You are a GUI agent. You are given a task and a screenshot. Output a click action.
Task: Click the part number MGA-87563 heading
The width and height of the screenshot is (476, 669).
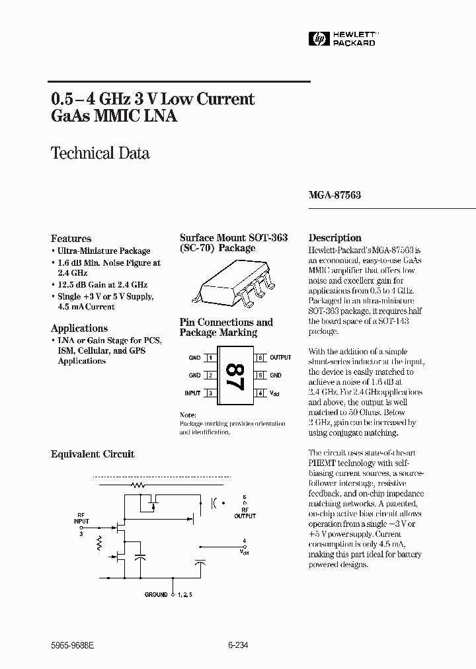click(x=335, y=196)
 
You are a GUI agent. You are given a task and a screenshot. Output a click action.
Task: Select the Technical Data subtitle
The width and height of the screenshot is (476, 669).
click(x=100, y=153)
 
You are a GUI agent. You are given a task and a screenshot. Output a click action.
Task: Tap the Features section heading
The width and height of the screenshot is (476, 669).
click(x=71, y=239)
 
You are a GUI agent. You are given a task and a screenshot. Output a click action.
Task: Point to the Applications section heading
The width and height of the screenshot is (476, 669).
click(x=79, y=329)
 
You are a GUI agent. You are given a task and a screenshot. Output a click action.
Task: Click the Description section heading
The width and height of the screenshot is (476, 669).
click(x=335, y=238)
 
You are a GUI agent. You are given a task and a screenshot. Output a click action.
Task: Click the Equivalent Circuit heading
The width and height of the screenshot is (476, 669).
click(x=93, y=454)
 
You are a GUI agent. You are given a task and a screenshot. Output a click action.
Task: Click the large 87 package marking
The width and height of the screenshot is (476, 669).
click(x=233, y=376)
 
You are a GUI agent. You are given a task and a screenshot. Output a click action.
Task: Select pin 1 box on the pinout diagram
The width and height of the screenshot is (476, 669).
click(x=210, y=358)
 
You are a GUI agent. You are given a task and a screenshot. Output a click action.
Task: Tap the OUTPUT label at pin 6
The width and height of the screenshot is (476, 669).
click(x=280, y=358)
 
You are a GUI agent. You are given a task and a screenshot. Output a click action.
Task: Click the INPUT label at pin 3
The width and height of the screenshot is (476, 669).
click(x=192, y=393)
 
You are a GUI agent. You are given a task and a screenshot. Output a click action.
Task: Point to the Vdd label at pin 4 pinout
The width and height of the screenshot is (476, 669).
click(x=274, y=393)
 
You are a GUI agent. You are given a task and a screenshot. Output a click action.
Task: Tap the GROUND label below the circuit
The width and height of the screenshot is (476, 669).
click(x=156, y=595)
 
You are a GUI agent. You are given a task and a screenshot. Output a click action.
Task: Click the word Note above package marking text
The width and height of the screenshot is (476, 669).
click(x=188, y=414)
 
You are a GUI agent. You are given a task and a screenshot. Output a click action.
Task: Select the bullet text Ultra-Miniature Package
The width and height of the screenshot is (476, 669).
click(x=103, y=251)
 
